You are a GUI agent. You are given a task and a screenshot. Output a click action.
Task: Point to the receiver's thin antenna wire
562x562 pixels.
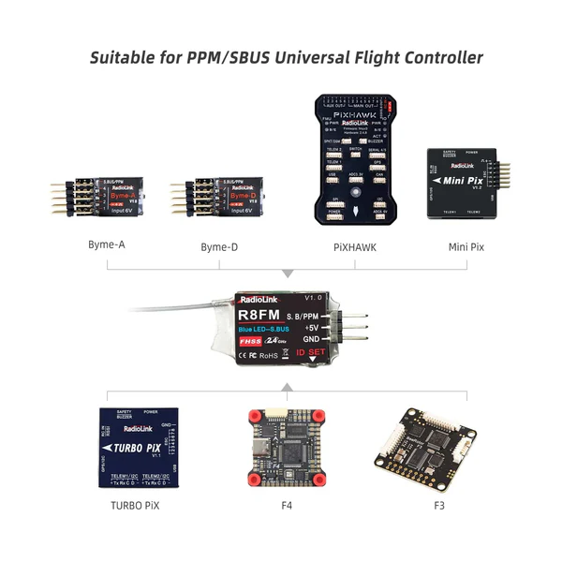coord(178,306)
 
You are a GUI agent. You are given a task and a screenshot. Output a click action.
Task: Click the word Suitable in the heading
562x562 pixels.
coord(125,58)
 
